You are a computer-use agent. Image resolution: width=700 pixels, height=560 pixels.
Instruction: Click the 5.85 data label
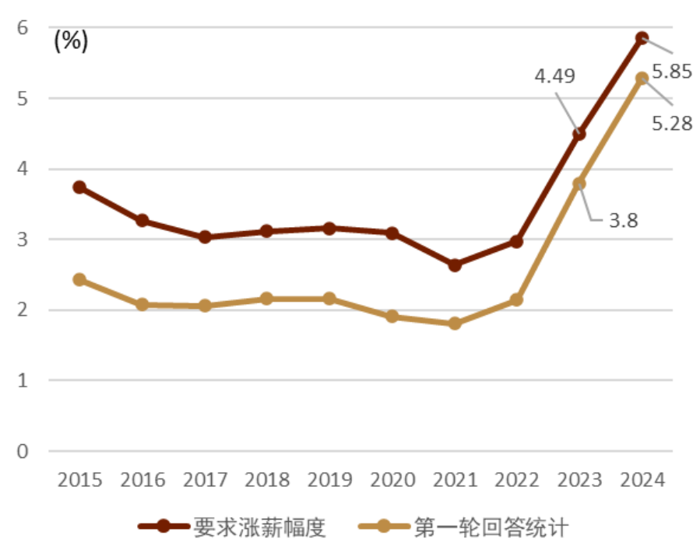670,72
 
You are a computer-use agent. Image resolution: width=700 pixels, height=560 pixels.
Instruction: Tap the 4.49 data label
554,76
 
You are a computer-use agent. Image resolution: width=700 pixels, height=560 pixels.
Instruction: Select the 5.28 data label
672,122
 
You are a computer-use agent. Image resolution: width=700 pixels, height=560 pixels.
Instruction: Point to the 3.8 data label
623,220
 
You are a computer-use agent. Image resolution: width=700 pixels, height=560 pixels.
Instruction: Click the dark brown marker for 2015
79,187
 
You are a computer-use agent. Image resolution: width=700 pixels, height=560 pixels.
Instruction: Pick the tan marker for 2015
79,279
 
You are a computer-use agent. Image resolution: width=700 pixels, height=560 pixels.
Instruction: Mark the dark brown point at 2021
455,265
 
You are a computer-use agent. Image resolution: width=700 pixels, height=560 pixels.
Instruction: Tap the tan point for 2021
455,324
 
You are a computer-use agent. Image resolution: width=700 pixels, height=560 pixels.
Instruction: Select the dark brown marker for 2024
642,38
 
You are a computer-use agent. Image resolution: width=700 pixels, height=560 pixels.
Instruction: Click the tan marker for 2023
579,184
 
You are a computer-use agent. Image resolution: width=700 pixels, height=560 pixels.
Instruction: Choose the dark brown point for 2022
516,241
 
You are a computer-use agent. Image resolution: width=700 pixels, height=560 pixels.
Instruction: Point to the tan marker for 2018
267,299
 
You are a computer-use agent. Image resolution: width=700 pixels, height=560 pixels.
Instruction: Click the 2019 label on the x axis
329,479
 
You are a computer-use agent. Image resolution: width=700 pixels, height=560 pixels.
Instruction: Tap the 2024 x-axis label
642,479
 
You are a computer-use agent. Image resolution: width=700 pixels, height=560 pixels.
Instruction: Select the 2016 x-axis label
142,479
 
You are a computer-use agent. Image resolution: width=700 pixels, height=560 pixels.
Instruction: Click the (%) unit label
71,41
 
